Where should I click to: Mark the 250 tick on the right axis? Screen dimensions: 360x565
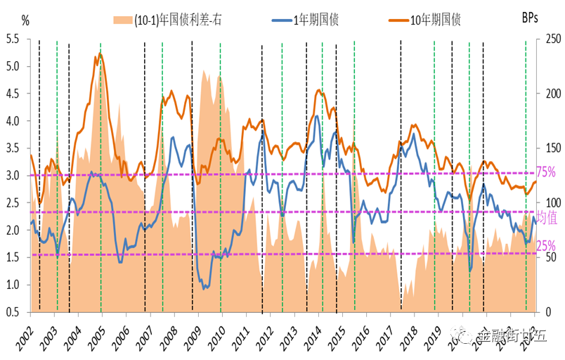click(548, 39)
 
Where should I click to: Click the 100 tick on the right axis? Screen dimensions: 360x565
click(548, 202)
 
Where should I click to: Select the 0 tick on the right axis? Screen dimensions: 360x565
click(543, 311)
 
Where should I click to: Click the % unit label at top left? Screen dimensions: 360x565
click(25, 20)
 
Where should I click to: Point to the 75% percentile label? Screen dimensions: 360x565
click(547, 172)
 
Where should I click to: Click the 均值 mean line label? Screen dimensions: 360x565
click(547, 214)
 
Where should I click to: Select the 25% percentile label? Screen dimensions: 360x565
click(547, 245)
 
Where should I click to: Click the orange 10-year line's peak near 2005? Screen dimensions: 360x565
click(100, 53)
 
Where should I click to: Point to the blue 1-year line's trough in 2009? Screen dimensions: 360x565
click(204, 289)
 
